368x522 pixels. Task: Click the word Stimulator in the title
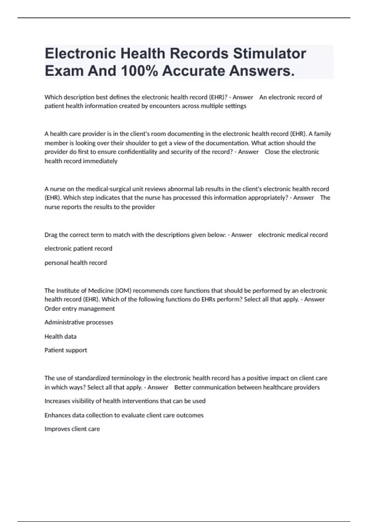pyautogui.click(x=269, y=53)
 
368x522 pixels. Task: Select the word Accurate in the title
pyautogui.click(x=194, y=71)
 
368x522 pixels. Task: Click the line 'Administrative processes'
pyautogui.click(x=79, y=322)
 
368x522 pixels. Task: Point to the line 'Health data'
pyautogui.click(x=60, y=336)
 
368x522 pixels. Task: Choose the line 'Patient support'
pyautogui.click(x=66, y=350)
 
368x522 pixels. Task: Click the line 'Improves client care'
pyautogui.click(x=72, y=429)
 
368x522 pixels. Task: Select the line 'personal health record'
pyautogui.click(x=76, y=263)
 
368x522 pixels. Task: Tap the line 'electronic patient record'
pyautogui.click(x=78, y=248)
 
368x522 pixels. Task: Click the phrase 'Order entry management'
pyautogui.click(x=79, y=308)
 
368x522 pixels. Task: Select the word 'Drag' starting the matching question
pyautogui.click(x=51, y=235)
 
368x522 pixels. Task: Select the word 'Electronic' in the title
pyautogui.click(x=80, y=53)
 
